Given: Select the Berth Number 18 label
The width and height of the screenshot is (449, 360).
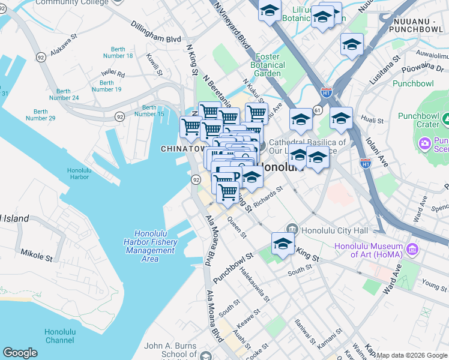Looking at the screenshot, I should click(122, 52).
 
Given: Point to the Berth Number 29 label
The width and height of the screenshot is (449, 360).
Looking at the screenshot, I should click(41, 115).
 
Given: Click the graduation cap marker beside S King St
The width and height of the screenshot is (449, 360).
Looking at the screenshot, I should click(283, 244).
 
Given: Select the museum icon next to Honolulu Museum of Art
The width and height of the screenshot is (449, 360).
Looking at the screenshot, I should click(412, 248).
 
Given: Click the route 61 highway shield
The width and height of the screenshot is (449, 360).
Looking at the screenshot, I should click(317, 110).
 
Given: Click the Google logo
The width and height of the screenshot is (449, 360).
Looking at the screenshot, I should click(20, 353).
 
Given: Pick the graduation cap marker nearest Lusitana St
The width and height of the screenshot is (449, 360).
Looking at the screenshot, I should click(352, 44).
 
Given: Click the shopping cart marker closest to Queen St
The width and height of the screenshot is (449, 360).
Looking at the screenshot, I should click(228, 192).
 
